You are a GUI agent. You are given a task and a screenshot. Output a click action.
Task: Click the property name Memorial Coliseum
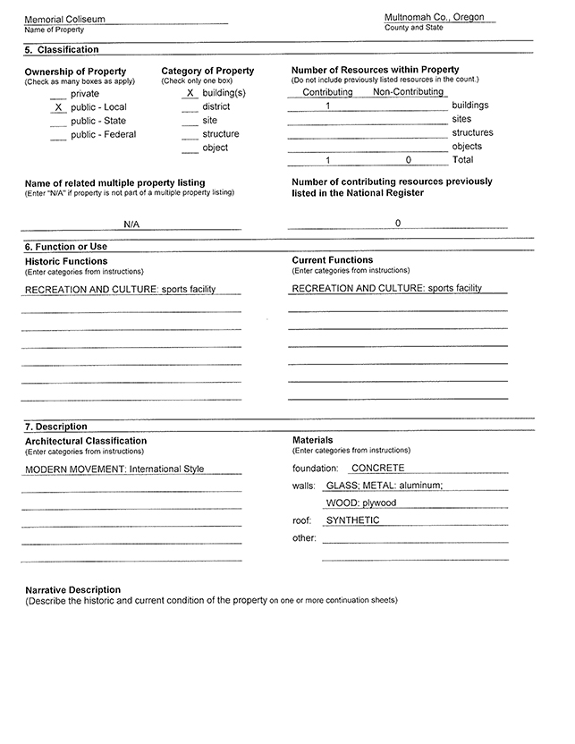point(64,19)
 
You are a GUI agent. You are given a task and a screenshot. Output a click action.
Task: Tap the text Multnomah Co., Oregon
point(434,17)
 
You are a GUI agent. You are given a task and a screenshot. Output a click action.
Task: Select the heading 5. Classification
point(62,50)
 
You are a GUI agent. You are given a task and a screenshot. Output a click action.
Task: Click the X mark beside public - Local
point(58,107)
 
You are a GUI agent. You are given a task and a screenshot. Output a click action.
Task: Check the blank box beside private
point(58,94)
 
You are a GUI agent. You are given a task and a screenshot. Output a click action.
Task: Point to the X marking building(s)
point(190,93)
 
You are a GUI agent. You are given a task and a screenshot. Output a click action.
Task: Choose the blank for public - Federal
point(58,135)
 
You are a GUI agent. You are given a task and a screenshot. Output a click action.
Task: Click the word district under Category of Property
point(216,106)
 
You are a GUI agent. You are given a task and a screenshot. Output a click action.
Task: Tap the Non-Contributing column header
point(408,92)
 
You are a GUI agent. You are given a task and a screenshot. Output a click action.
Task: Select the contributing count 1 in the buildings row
point(329,106)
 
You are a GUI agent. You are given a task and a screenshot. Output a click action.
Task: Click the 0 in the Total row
point(408,160)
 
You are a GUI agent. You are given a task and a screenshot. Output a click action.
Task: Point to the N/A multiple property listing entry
point(131,224)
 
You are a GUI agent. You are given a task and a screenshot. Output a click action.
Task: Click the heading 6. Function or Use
point(66,247)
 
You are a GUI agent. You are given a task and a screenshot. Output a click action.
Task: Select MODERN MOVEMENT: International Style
point(114,469)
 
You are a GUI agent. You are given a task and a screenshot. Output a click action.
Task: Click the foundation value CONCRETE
point(377,468)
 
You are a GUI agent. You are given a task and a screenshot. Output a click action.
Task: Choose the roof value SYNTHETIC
point(352,520)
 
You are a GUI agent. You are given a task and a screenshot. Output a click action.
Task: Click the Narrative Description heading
point(72,590)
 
